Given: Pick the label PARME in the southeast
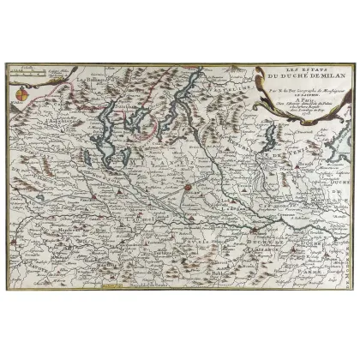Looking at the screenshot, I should point(330,254).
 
